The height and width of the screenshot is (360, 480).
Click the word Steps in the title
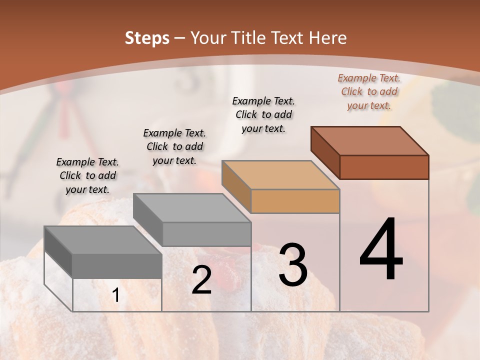(147, 38)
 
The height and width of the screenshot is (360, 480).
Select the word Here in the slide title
(328, 38)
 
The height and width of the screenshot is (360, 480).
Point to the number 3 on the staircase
(293, 265)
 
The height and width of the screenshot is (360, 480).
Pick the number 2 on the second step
(201, 280)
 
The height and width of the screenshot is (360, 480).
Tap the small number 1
(116, 295)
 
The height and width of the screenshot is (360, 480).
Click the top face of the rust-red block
(369, 141)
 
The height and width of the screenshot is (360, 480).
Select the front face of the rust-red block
(384, 167)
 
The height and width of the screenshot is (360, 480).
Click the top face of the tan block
(280, 175)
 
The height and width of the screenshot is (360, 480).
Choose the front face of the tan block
(295, 201)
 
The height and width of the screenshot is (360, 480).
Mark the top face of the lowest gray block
(103, 240)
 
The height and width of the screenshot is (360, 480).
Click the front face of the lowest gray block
(117, 265)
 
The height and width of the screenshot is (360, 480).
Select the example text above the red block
(369, 91)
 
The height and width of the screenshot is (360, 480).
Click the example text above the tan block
(263, 114)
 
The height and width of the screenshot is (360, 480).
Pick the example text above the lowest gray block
(87, 175)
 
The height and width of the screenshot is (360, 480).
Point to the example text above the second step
(174, 146)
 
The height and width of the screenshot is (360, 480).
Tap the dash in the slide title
(180, 38)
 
